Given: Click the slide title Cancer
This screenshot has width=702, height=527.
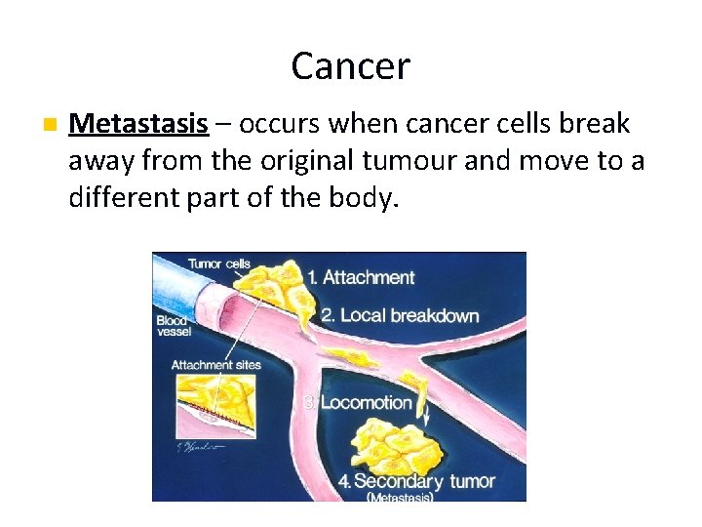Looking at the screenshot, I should click(x=350, y=66).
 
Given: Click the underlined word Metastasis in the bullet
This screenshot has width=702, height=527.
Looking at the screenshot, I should click(x=138, y=125).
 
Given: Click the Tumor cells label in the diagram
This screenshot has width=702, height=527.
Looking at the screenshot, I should click(x=218, y=263).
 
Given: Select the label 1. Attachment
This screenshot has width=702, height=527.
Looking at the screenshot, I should click(x=360, y=278).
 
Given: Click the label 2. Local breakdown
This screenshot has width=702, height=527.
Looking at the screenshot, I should click(x=400, y=315).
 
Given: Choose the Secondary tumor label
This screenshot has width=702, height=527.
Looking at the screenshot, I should click(x=423, y=481).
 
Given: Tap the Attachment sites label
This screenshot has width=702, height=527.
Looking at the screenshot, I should click(x=215, y=365).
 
